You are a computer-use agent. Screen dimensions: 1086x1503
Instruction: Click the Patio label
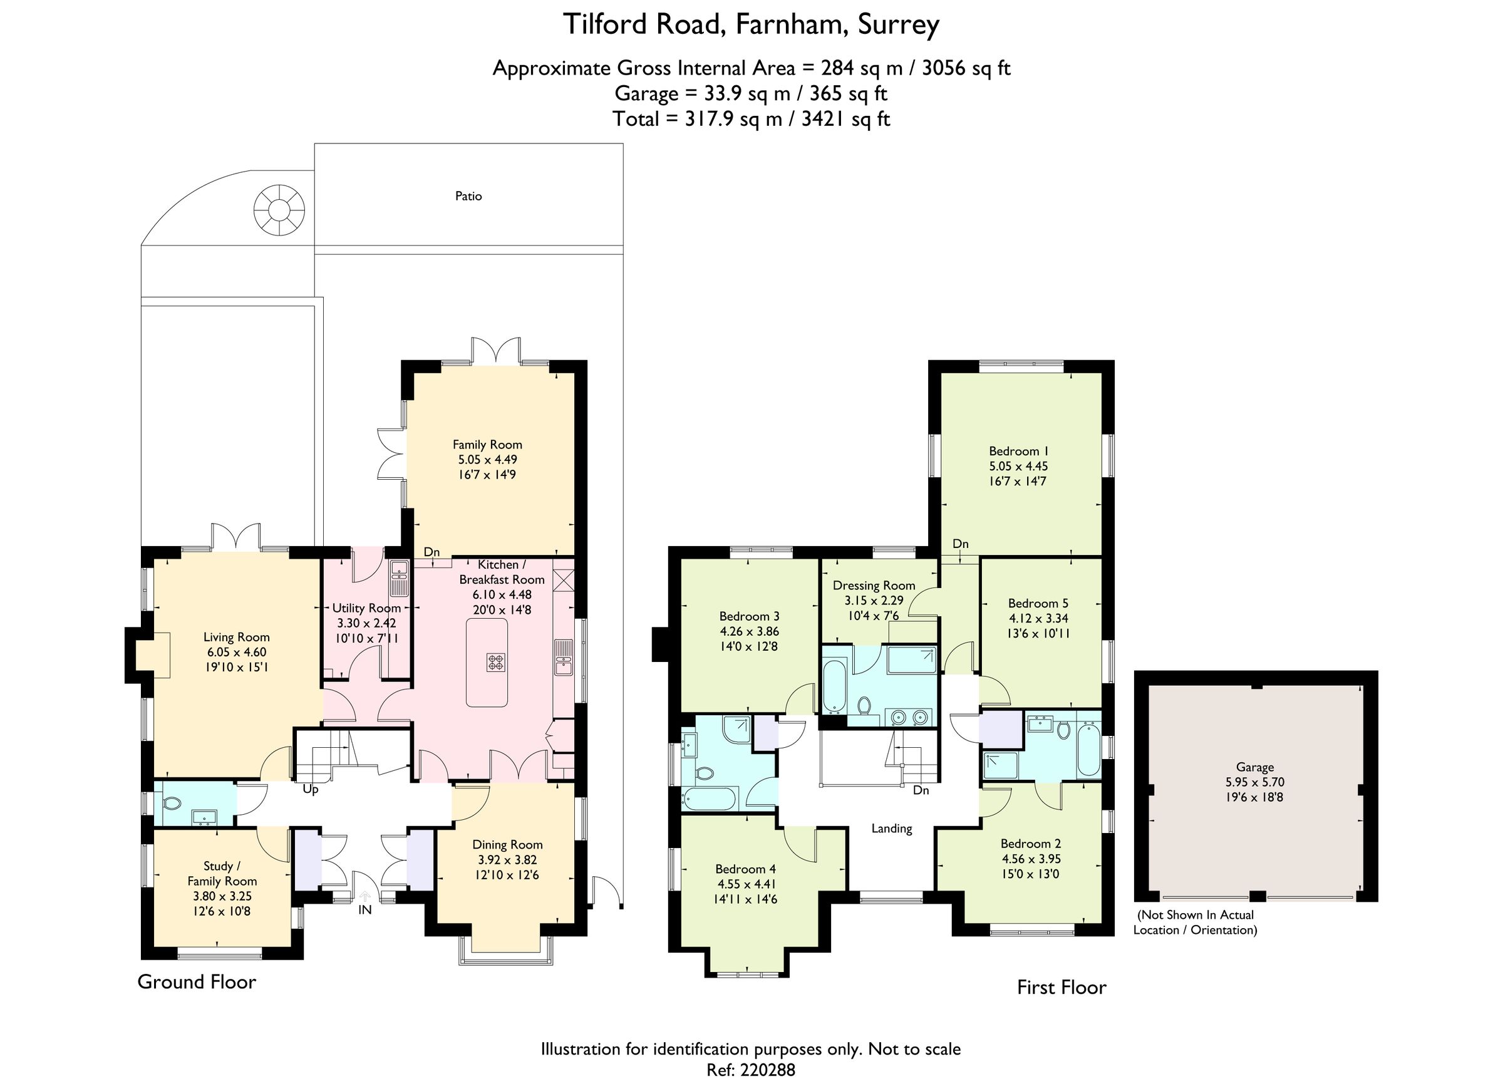click(x=468, y=196)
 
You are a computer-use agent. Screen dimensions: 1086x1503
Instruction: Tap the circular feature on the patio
click(x=279, y=210)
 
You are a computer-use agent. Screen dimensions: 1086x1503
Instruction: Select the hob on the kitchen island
click(x=497, y=662)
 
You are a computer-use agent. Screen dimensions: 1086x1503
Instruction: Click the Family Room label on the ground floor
click(x=487, y=445)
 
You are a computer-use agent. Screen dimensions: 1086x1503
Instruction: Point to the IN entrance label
click(x=364, y=910)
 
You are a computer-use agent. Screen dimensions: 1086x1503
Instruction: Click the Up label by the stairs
click(x=310, y=789)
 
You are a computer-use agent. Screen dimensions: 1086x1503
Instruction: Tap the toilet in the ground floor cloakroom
click(x=172, y=803)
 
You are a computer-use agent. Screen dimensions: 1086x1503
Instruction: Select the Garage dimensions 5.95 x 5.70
click(x=1254, y=782)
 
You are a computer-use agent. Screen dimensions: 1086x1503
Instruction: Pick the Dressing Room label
click(x=874, y=586)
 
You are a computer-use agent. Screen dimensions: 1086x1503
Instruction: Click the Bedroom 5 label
click(x=1038, y=603)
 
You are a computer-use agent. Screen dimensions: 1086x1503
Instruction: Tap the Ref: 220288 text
click(x=750, y=1070)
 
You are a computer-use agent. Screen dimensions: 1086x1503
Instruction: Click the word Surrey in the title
click(x=898, y=25)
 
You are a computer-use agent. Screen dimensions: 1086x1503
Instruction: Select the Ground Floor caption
click(x=196, y=981)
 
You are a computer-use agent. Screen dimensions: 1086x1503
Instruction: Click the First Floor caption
click(x=1061, y=987)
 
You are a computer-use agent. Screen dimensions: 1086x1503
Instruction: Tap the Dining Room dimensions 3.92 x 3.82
click(x=507, y=859)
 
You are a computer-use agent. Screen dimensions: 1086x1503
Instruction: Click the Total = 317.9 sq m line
click(x=751, y=119)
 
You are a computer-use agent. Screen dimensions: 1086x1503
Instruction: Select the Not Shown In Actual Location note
click(x=1195, y=922)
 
